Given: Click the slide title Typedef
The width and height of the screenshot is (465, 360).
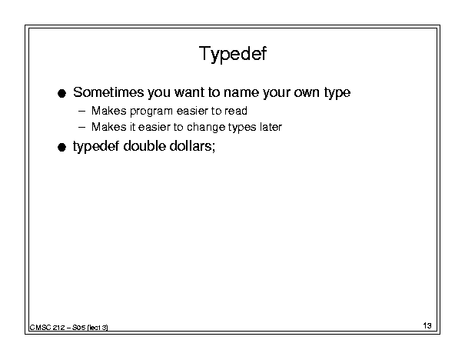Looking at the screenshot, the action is coord(233,54).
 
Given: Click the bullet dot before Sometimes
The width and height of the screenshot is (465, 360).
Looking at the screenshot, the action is coord(61,94).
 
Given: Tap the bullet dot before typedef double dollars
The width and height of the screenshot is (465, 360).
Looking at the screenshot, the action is coord(61,147).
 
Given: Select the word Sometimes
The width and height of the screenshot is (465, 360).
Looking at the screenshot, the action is coord(108,92).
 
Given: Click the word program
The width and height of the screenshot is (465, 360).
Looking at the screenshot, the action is coord(151,112).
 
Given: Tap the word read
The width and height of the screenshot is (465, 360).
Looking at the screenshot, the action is coord(236,111).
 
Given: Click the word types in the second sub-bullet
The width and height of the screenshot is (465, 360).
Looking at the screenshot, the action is coord(242,128).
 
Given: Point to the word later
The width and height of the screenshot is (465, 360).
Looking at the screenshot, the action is coord(271,127).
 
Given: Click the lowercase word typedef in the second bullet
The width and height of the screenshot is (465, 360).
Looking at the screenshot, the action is coord(96,146).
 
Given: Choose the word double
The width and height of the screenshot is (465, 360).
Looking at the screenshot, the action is coord(144,145).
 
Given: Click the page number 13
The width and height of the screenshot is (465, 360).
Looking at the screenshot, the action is coord(427,325).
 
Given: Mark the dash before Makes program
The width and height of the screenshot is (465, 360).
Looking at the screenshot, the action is coord(81,112).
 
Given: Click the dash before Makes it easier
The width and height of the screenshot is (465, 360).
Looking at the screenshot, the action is coord(81,128).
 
